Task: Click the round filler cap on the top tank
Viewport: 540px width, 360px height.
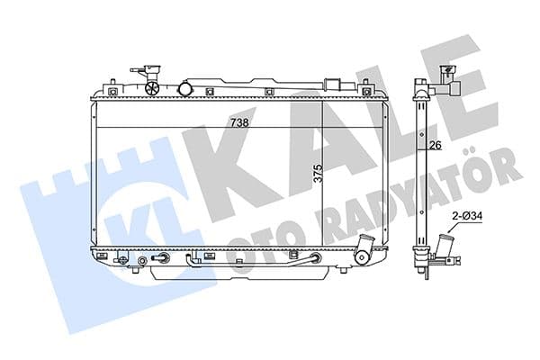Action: click(x=186, y=88)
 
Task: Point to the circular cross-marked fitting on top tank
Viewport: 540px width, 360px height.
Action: click(x=152, y=88)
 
